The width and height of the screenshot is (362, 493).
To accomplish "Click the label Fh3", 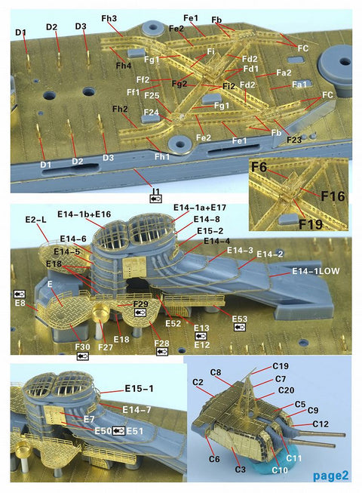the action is pos(109,19).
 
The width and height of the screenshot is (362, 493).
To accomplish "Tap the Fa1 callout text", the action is pos(299,85).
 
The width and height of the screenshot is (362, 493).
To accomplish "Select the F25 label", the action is pos(152,96).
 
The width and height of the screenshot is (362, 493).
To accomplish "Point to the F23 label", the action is pos(294,140).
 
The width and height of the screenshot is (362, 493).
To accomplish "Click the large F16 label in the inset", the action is pos(333,196).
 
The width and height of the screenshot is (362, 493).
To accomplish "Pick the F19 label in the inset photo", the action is pos(311,224).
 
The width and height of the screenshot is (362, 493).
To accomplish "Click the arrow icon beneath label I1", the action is pos(156,199).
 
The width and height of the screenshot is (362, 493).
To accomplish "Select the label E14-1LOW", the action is pos(316,271).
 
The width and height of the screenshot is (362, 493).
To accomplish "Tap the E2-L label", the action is pos(35,220).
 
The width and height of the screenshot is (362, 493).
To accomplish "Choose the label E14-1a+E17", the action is pos(200,208).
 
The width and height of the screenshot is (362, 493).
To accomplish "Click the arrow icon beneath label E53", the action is pos(240,328).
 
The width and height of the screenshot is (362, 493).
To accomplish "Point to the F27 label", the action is pos(105,347).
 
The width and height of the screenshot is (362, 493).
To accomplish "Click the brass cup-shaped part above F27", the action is pos(101,312).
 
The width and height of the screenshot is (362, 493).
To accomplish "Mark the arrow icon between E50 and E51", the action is pos(119,431).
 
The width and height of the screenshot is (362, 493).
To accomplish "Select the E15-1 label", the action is pos(139,389).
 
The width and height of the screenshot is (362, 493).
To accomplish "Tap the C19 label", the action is pos(281,366).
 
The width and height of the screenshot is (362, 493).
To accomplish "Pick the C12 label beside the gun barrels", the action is pos(321,424).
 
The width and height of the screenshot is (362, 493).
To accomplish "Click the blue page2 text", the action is pos(330,476).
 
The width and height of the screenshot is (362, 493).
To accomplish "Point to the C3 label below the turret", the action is pos(240,470).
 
